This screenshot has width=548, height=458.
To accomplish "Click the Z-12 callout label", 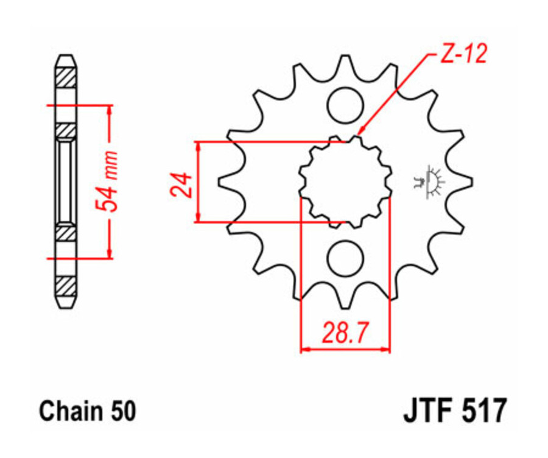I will pos(463,55).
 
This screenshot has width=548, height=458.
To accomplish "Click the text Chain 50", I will pos(88,412).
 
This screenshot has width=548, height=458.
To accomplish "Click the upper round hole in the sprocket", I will pos(345,105).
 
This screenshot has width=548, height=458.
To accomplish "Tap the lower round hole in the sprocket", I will pos(345,259).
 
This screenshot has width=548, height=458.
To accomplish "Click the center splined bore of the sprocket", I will pos(345,181).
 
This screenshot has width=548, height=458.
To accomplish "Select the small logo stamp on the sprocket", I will pos(430,181).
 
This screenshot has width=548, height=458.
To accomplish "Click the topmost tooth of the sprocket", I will pos(345,61).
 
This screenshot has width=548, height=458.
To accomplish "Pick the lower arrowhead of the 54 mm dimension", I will pos(109,254).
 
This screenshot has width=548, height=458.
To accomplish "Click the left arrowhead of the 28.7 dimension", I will pos(305,350).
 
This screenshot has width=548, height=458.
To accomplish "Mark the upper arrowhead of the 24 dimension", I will pos(198,147).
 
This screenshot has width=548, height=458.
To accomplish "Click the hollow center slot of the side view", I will pos(66,181).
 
